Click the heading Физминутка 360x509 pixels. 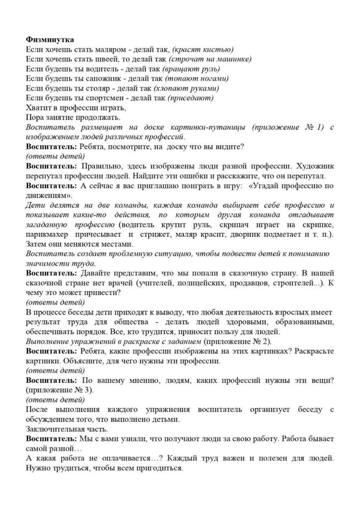click(50, 40)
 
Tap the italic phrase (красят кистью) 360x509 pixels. click(203, 49)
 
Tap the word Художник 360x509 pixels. click(314, 166)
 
